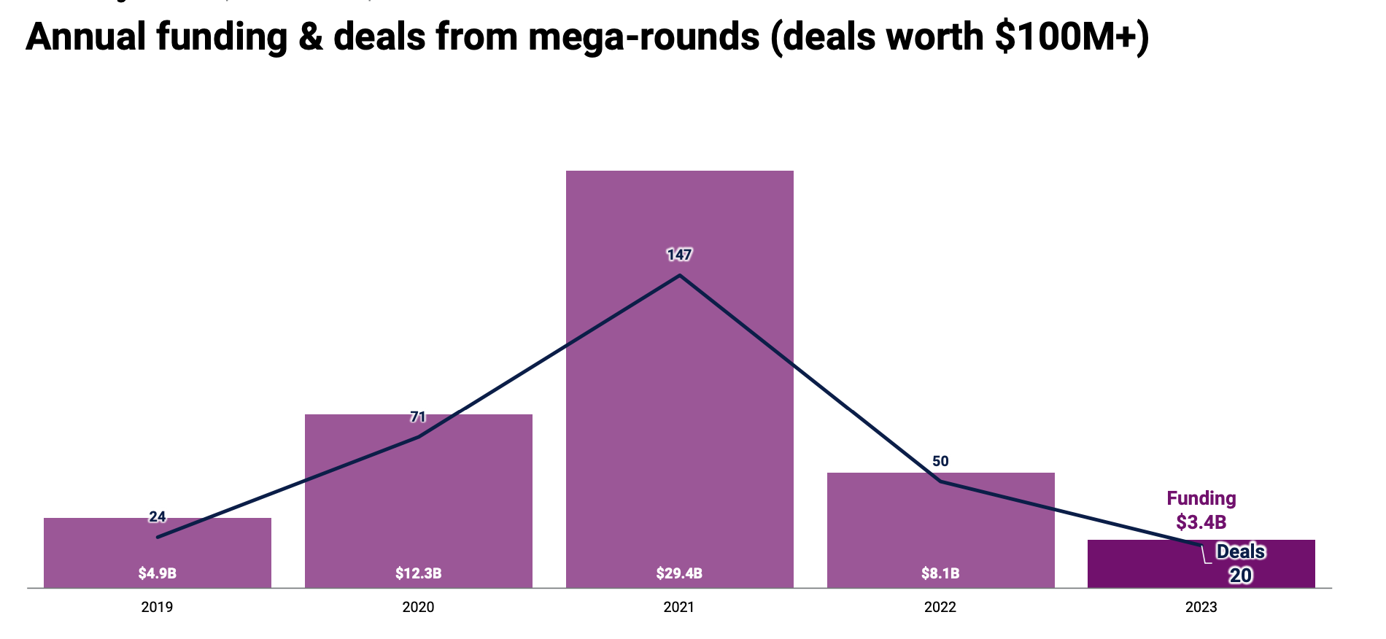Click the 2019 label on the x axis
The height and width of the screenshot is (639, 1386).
pos(157,607)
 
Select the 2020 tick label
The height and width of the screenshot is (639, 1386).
pos(418,607)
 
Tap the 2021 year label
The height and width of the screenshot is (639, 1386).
pos(679,607)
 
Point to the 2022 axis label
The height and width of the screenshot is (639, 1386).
pos(940,607)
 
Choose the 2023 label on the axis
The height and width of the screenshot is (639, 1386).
pos(1201,607)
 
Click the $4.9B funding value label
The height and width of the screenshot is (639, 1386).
pos(158,573)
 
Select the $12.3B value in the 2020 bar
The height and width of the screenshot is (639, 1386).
pos(419,573)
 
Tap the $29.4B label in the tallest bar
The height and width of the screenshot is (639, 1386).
pos(679,573)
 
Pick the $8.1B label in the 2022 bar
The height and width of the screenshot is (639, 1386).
pos(940,573)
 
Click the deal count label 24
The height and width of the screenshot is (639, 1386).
pos(158,517)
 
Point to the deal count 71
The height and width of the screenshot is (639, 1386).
pos(418,417)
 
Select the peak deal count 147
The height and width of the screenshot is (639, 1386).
pos(679,255)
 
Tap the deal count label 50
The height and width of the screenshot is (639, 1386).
pos(940,461)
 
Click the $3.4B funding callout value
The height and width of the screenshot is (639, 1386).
pos(1201,522)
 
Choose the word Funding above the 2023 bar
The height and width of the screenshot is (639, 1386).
pos(1201,499)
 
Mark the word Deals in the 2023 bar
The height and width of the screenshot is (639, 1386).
pos(1240,552)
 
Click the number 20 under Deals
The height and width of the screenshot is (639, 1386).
pos(1240,576)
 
